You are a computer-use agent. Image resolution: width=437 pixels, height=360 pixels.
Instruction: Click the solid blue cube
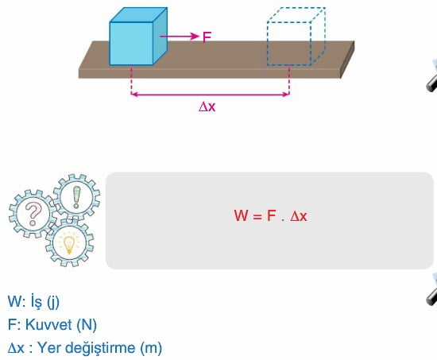138,37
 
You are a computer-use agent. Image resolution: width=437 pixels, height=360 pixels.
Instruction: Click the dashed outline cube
296,37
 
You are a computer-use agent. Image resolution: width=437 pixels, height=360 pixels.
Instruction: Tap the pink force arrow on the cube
180,37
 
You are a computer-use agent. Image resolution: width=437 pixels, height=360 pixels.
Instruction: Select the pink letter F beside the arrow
207,37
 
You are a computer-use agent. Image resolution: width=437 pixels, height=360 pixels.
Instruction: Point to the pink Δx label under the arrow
207,106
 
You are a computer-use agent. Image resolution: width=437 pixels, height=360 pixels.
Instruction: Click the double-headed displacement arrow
210,95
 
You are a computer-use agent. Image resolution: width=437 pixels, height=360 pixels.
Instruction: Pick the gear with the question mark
33,214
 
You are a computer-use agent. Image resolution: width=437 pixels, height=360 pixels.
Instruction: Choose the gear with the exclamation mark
76,197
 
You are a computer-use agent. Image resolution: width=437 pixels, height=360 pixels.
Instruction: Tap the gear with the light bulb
69,242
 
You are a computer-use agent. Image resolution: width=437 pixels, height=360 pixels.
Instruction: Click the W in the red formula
241,215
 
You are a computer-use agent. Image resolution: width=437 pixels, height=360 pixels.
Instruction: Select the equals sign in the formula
257,216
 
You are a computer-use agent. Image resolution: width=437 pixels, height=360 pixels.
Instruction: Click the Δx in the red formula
299,216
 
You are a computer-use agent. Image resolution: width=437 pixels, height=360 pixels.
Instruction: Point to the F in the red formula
272,215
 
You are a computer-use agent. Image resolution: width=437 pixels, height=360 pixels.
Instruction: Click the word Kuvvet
48,324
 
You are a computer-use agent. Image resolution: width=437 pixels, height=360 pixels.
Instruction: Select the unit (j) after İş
53,302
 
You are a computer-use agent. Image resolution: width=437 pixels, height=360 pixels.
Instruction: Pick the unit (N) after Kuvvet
87,325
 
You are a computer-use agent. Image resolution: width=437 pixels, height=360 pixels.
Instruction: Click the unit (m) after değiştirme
151,348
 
